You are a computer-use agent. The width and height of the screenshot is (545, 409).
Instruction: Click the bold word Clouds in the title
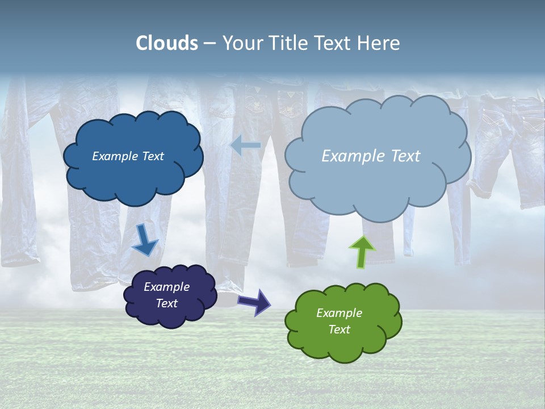point(167,43)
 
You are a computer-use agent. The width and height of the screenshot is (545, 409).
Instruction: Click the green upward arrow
point(362,252)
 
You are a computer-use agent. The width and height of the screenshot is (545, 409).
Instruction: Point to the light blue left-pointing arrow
point(245,145)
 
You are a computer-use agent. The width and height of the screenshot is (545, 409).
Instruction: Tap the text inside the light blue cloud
point(371,156)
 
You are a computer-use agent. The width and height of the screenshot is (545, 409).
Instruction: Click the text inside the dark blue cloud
point(128,156)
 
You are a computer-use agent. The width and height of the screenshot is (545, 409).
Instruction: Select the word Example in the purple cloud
point(166,287)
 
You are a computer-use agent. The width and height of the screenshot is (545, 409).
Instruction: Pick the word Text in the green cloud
point(339,329)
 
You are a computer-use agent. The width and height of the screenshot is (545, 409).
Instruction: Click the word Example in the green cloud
point(339,313)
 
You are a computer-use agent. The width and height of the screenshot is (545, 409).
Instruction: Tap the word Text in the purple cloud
point(166,303)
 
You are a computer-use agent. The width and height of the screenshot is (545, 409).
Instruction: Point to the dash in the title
point(209,43)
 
